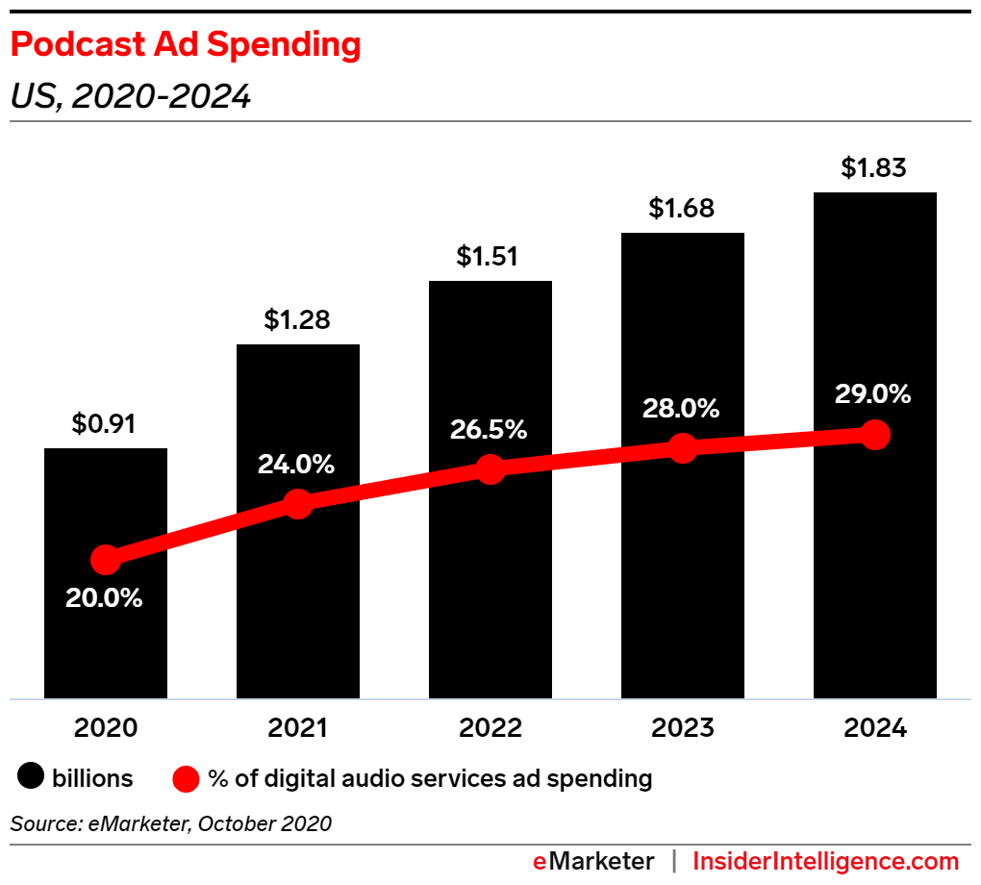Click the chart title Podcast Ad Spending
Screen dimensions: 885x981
coord(186,45)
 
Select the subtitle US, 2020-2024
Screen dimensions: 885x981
coord(131,96)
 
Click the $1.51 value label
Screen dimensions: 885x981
coord(489,257)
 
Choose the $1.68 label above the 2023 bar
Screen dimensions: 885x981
coord(681,208)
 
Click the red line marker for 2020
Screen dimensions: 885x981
coord(105,559)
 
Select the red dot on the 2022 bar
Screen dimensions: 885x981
coord(490,469)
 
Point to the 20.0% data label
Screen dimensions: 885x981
coord(104,597)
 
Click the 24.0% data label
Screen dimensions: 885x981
coord(296,465)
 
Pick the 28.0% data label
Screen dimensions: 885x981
coord(681,408)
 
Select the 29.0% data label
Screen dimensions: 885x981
coord(873,395)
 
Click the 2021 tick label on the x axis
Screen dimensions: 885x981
coord(297,728)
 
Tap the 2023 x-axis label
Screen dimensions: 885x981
coord(682,728)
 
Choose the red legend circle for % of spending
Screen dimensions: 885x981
coord(186,778)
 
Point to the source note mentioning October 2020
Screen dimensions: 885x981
coord(171,823)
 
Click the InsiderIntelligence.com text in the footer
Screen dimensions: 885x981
coord(826,861)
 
